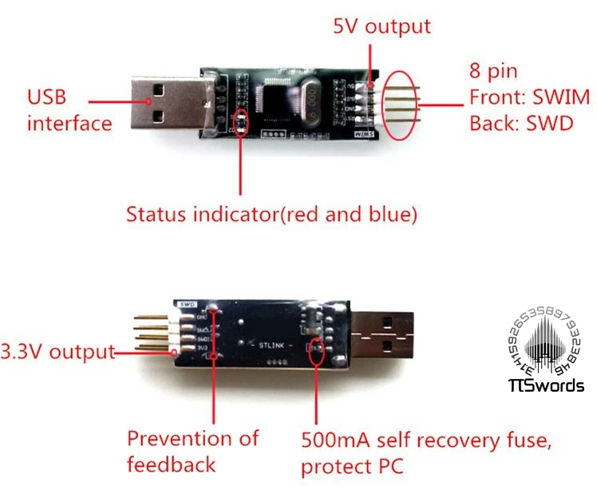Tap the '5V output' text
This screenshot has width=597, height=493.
381,26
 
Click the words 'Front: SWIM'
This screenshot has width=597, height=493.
529,97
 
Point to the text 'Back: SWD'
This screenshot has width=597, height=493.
520,124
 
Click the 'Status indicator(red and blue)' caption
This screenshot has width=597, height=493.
271,214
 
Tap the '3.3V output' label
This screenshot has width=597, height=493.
57,352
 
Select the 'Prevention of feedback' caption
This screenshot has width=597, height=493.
193,450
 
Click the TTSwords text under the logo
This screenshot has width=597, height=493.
547,387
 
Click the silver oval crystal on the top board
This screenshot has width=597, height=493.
312,103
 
